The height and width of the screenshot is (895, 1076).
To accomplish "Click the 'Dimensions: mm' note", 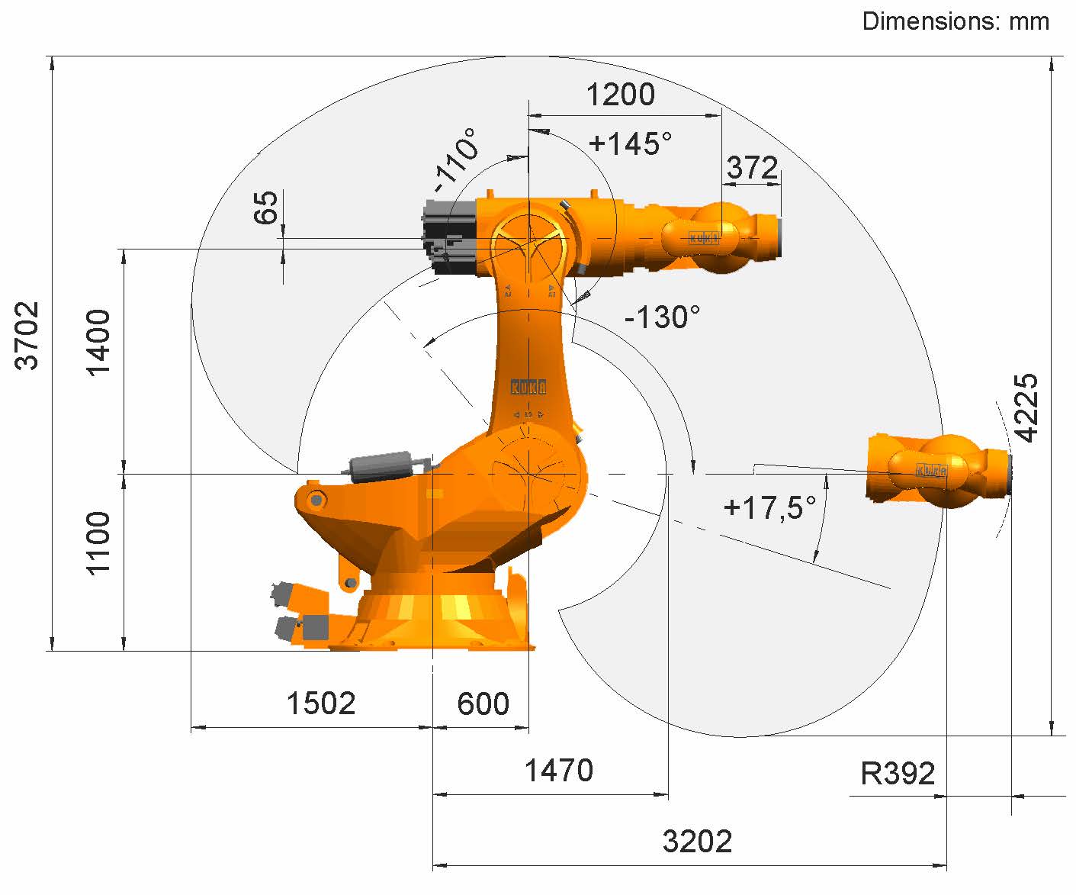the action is click(956, 21).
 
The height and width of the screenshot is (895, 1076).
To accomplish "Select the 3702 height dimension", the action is click(27, 336).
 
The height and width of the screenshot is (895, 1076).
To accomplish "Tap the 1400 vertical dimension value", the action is click(98, 343).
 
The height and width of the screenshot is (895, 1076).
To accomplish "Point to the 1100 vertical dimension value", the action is click(98, 543).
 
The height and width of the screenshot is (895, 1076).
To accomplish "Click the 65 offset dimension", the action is click(266, 208).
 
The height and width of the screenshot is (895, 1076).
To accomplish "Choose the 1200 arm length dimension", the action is click(621, 95).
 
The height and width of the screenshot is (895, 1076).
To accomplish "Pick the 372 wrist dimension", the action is click(752, 168).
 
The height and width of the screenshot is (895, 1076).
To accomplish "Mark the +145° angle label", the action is click(630, 143).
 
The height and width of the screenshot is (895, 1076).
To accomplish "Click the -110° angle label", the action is click(455, 159).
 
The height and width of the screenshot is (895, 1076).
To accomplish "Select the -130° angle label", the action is click(662, 317).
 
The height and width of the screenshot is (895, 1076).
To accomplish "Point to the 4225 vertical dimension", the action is click(1026, 407).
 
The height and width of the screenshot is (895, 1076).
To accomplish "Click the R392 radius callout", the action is click(898, 774).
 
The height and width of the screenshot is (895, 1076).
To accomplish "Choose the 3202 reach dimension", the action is click(697, 842).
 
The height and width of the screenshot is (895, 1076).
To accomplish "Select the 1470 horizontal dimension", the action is click(559, 770).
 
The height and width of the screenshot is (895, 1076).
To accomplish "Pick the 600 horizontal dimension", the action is click(483, 703).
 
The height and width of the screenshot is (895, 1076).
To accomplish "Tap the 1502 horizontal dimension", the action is click(321, 703).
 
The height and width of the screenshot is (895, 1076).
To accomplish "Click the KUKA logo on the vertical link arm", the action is click(528, 386).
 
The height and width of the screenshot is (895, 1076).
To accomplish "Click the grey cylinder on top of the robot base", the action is click(381, 467).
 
